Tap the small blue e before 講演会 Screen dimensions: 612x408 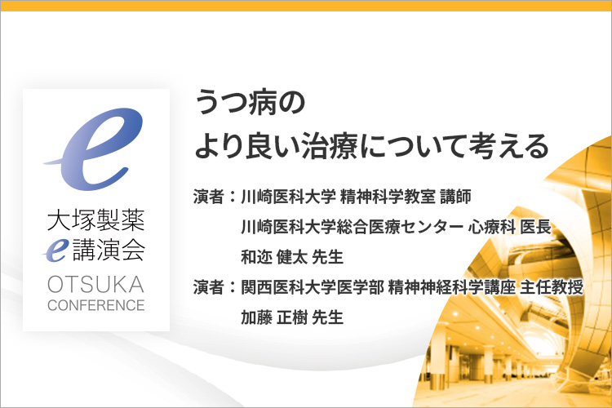coord(55,250)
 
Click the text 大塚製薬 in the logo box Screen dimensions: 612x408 coord(96,220)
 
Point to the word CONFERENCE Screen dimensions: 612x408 coord(96,305)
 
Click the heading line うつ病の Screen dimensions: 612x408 coord(250,102)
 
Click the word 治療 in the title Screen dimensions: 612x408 coord(330,146)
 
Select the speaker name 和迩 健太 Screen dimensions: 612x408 coord(273,257)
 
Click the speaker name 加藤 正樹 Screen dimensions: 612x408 coord(273,317)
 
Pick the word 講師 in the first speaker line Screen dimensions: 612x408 coord(455,197)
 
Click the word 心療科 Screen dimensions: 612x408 coord(492,227)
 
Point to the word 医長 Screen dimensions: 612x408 coord(535,227)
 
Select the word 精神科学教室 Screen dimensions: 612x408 coord(388,197)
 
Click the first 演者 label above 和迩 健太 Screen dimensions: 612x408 coord(209,197)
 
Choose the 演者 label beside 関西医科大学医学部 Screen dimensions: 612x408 coord(209,287)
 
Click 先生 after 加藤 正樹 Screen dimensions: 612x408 coord(328,317)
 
